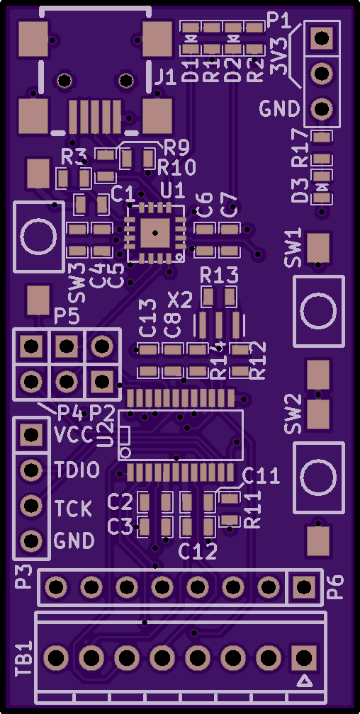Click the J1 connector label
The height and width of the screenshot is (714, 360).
click(x=165, y=79)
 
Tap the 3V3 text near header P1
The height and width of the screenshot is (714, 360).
click(x=279, y=56)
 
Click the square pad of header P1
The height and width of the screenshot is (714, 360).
click(x=322, y=38)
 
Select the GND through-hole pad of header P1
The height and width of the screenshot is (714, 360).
click(x=322, y=109)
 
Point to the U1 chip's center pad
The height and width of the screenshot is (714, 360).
click(x=155, y=232)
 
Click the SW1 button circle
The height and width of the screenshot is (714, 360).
click(x=318, y=311)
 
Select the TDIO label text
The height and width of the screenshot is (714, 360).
click(x=77, y=470)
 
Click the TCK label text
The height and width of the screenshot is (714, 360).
click(x=73, y=509)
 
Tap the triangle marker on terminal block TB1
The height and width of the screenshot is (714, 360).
click(x=304, y=681)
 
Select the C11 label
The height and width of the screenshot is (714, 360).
click(x=261, y=476)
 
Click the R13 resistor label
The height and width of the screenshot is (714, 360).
click(x=219, y=275)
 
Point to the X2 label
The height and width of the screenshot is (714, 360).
click(x=180, y=300)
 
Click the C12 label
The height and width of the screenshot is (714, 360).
click(x=197, y=552)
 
